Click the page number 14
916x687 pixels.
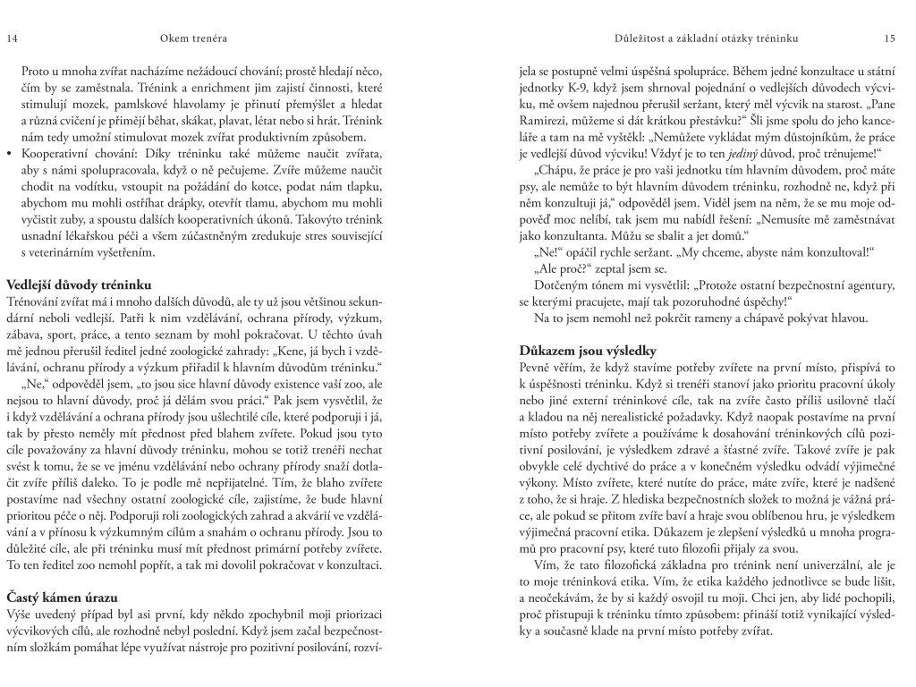coord(12,38)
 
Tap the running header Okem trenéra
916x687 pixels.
coord(191,38)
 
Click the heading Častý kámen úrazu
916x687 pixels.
coord(63,596)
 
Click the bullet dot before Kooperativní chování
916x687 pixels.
coord(9,154)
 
